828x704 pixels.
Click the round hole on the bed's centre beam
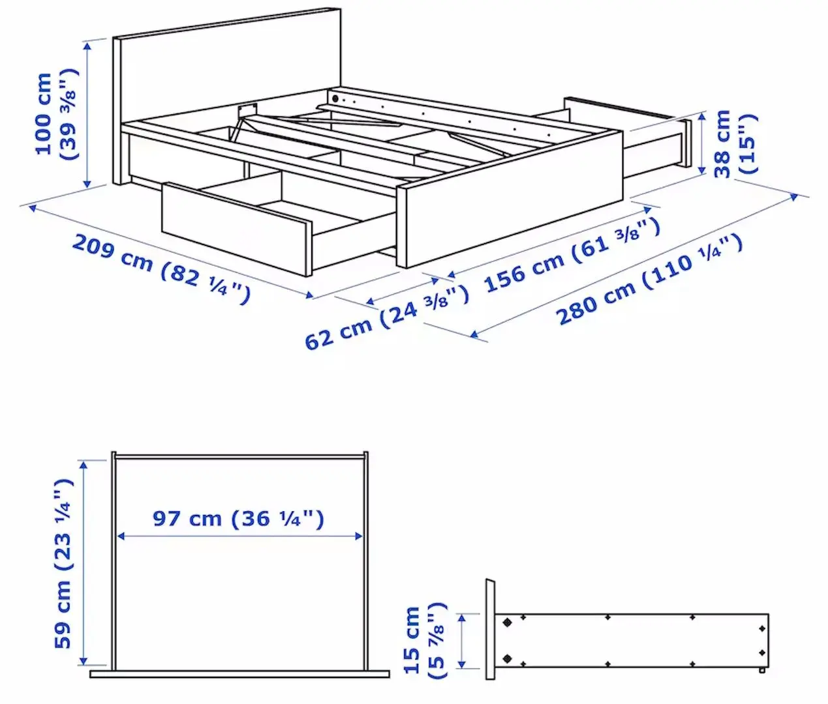335,99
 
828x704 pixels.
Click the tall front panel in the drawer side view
489,629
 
